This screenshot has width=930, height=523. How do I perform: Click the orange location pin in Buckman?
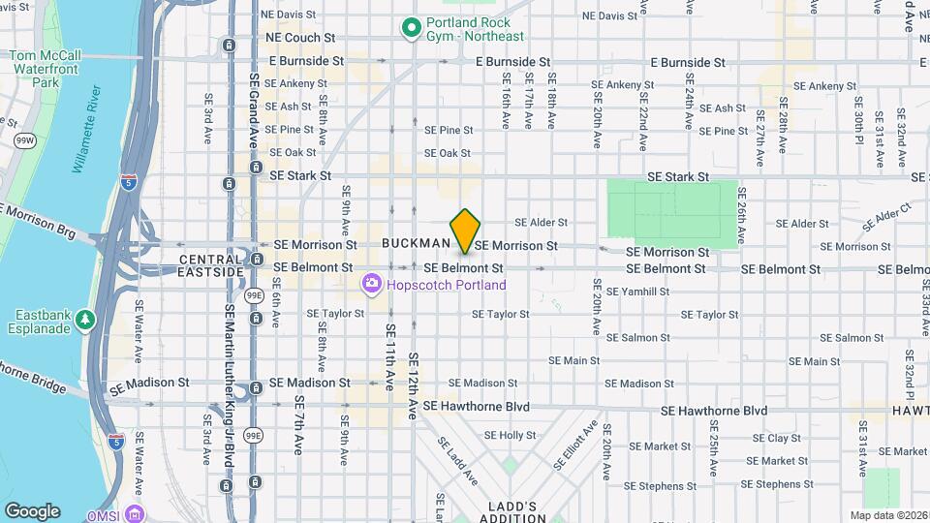(x=466, y=231)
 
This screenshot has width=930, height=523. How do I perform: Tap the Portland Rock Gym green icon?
(x=411, y=28)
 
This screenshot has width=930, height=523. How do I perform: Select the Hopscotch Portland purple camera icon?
(x=370, y=285)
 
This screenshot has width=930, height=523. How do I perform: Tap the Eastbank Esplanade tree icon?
(x=86, y=319)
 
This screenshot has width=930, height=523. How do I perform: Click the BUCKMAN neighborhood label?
(x=417, y=243)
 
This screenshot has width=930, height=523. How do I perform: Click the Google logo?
(x=32, y=511)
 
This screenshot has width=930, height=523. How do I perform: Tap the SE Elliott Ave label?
(x=574, y=445)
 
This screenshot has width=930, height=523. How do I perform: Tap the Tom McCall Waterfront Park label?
(x=41, y=69)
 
